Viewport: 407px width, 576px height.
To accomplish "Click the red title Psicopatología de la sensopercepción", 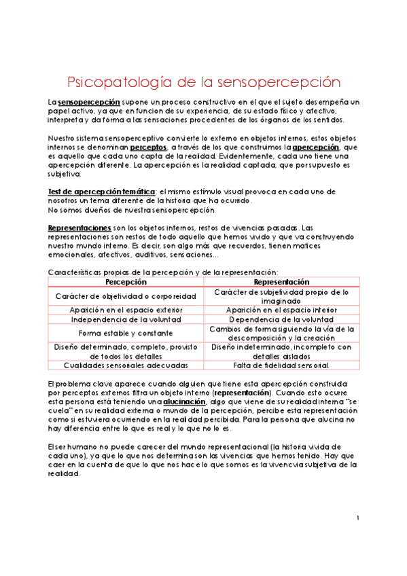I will (x=203, y=82).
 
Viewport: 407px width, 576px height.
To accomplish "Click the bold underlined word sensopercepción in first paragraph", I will (x=84, y=102).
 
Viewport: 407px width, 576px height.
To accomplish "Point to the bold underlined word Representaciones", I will (x=79, y=227).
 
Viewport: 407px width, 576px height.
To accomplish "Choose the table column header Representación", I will (x=281, y=281).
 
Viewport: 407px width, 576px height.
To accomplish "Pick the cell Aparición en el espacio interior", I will (x=281, y=310).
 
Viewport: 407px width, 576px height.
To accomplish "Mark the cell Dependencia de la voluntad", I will (x=281, y=319).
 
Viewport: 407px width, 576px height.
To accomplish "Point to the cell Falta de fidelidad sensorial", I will (x=281, y=365).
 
